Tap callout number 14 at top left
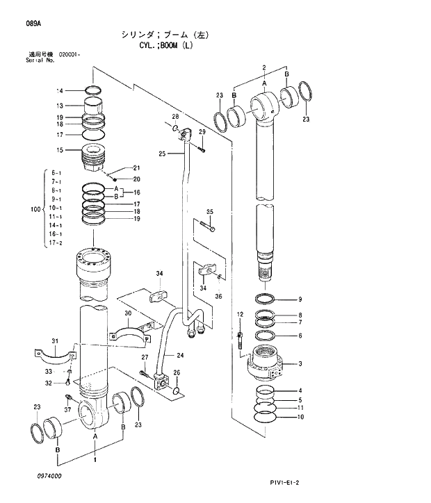pyautogui.click(x=60, y=91)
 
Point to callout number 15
pyautogui.click(x=60, y=150)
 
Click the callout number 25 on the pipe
pyautogui.click(x=161, y=154)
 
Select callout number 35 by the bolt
pyautogui.click(x=209, y=211)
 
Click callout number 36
pyautogui.click(x=220, y=296)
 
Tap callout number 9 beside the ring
pyautogui.click(x=300, y=299)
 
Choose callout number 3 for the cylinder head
pyautogui.click(x=300, y=363)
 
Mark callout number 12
pyautogui.click(x=240, y=315)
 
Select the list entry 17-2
pyautogui.click(x=55, y=243)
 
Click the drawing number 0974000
pyautogui.click(x=46, y=475)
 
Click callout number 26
pyautogui.click(x=176, y=372)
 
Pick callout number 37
pyautogui.click(x=67, y=410)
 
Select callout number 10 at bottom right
pyautogui.click(x=300, y=418)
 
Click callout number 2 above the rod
pyautogui.click(x=264, y=67)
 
